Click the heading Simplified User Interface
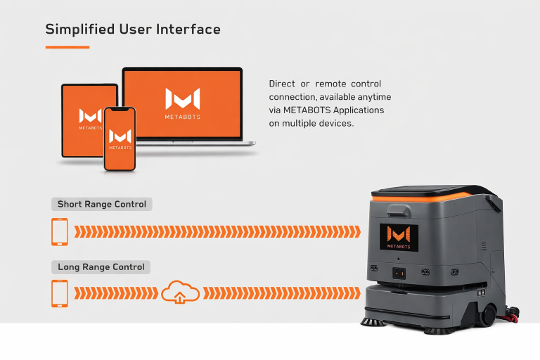coord(133,30)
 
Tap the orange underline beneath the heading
coord(67,47)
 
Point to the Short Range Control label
coord(102,205)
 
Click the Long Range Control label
coord(101,267)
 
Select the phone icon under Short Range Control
coord(60,231)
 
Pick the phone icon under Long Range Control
coord(60,293)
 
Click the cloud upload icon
coord(179,292)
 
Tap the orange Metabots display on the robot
coord(399,237)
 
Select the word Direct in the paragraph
coord(282,84)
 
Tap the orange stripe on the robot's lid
coord(422,199)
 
